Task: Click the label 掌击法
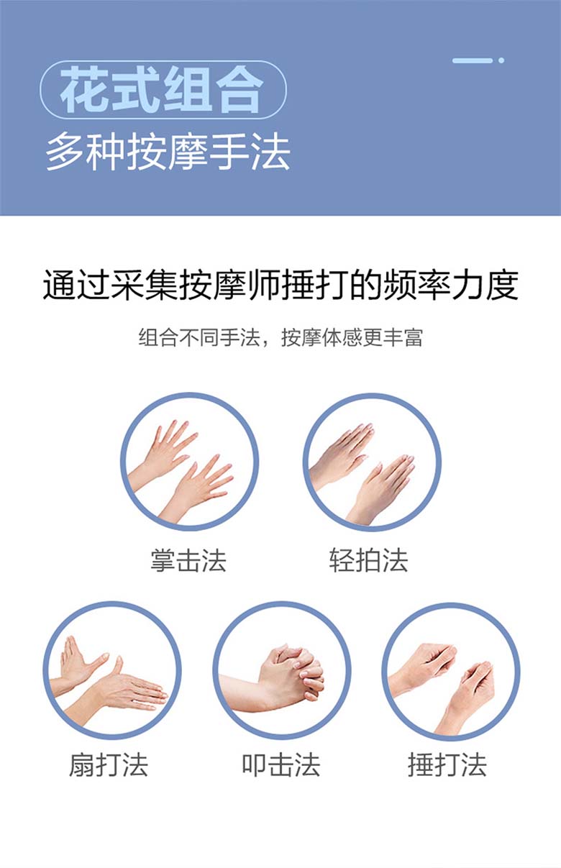(188, 560)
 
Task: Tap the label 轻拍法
(368, 560)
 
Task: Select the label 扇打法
(109, 765)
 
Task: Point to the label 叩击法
(281, 765)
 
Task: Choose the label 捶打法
(447, 765)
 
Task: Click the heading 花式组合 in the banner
(162, 89)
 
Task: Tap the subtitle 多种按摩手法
(168, 151)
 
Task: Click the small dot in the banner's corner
(501, 60)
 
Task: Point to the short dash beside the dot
(473, 60)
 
